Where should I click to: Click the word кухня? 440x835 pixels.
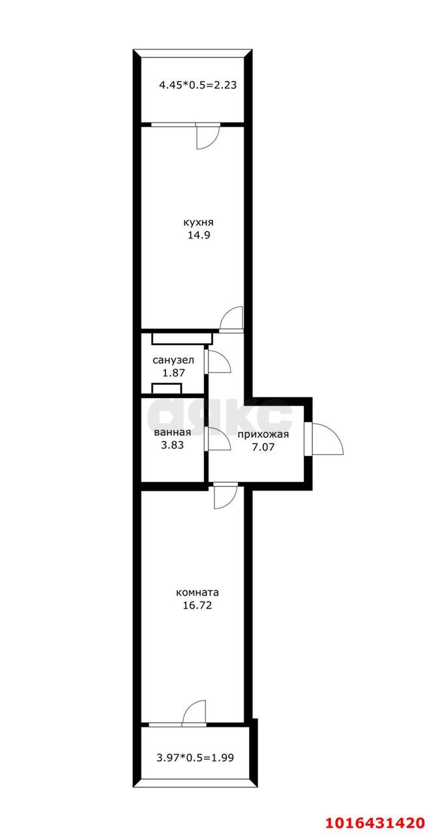tap(198, 222)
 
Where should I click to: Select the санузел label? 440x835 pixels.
tap(173, 360)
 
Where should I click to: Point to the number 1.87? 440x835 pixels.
tap(173, 373)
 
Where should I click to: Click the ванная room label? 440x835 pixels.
tap(172, 432)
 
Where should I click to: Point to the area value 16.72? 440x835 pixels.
tap(198, 605)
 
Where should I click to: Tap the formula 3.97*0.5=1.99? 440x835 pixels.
tap(195, 758)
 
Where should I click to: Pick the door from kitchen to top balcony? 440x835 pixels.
tap(208, 136)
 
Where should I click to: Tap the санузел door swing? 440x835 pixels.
tap(219, 361)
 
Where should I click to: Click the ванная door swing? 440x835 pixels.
tap(219, 440)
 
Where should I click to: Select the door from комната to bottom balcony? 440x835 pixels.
tap(195, 712)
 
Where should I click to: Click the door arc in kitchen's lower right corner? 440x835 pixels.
tap(231, 318)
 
